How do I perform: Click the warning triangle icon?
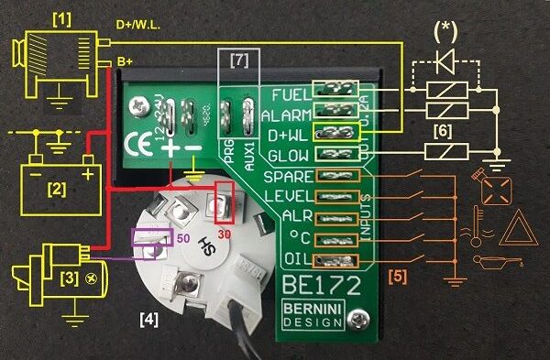513,226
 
